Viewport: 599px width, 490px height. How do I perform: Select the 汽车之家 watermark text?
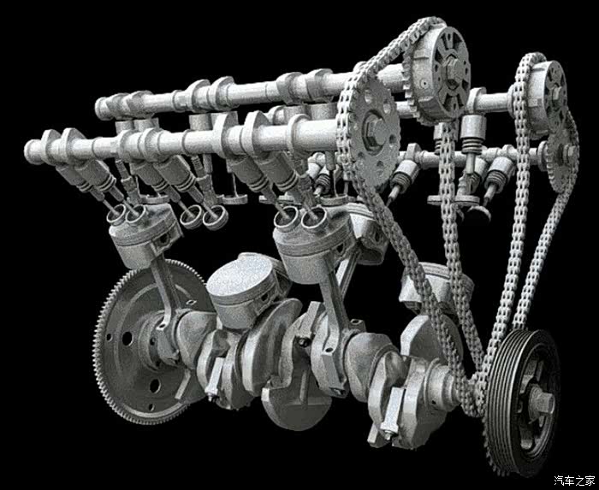pos(574,480)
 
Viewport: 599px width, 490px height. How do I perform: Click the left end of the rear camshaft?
pos(99,109)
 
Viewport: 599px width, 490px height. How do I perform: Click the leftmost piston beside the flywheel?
pos(145,235)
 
